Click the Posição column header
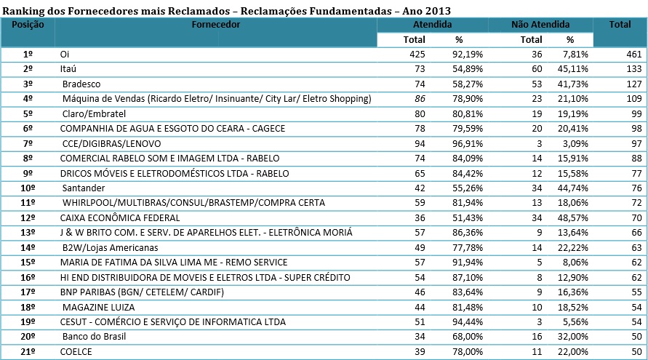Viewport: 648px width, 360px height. coord(28,25)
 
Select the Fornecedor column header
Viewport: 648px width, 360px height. coord(216,25)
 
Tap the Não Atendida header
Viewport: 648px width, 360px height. coord(540,25)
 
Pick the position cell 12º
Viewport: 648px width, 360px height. coord(29,217)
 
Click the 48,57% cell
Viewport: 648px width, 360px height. coord(574,217)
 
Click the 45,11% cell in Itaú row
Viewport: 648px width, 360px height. coord(574,68)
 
